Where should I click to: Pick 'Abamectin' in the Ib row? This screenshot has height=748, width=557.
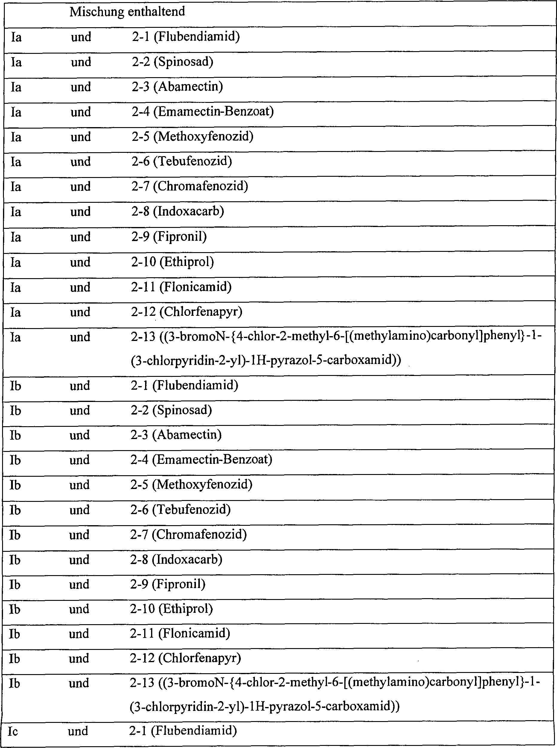pyautogui.click(x=187, y=435)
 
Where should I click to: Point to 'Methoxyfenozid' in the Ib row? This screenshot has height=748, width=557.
pyautogui.click(x=204, y=485)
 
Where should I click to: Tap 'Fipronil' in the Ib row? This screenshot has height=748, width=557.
pyautogui.click(x=179, y=584)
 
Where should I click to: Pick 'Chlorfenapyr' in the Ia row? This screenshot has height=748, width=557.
pyautogui.click(x=201, y=312)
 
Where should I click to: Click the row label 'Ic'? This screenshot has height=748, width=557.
pyautogui.click(x=13, y=731)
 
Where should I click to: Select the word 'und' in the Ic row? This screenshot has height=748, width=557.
pyautogui.click(x=78, y=731)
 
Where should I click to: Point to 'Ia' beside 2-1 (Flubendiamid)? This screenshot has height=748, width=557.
pyautogui.click(x=16, y=37)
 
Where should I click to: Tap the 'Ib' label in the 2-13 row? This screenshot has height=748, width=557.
pyautogui.click(x=14, y=683)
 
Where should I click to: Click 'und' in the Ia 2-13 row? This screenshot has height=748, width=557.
pyautogui.click(x=80, y=337)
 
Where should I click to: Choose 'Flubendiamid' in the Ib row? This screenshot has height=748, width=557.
pyautogui.click(x=195, y=385)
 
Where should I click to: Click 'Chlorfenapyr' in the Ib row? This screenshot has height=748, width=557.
pyautogui.click(x=200, y=658)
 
